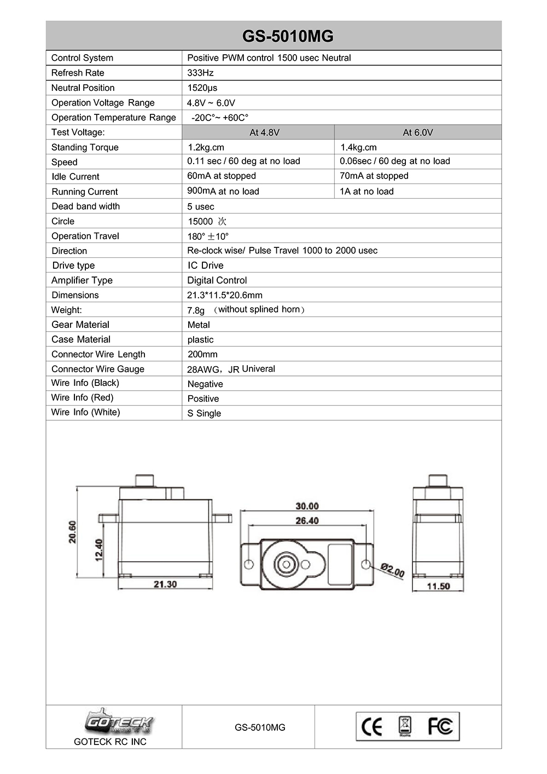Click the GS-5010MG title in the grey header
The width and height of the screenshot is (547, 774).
[x=288, y=36]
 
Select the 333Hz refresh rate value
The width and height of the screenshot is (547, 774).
[x=200, y=73]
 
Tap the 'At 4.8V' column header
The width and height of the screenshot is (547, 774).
[x=264, y=132]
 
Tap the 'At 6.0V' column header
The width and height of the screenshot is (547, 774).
[x=418, y=132]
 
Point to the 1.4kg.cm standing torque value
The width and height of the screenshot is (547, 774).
[x=358, y=147]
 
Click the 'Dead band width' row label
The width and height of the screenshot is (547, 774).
[x=85, y=206]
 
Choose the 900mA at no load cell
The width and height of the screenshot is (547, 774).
[x=223, y=191]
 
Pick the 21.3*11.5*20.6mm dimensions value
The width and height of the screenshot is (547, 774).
[x=225, y=295]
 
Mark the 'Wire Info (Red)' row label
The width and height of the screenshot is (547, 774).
[x=82, y=397]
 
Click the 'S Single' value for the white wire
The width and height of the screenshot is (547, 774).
[x=204, y=413]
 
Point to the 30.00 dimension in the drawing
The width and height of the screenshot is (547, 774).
[x=307, y=506]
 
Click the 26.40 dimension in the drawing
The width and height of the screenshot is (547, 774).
[x=307, y=521]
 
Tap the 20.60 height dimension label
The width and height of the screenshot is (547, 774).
[x=72, y=532]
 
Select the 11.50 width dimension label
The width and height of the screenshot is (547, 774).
[x=438, y=586]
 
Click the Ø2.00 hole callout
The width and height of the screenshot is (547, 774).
[x=392, y=570]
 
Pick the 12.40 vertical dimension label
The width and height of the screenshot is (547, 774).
[x=99, y=550]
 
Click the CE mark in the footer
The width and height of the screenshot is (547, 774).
[x=372, y=727]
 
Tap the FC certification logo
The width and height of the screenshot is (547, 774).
[x=440, y=726]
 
